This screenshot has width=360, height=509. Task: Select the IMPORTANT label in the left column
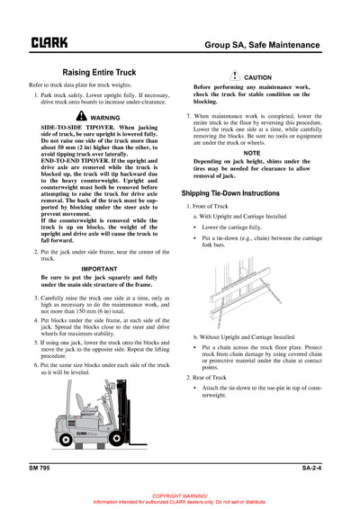point(105,269)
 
